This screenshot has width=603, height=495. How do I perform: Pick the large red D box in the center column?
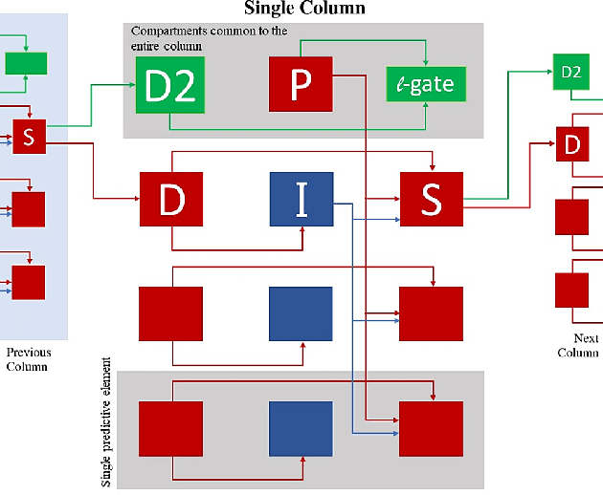[171, 200]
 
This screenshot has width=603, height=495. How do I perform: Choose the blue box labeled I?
[301, 200]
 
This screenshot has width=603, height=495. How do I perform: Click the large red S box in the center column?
[431, 200]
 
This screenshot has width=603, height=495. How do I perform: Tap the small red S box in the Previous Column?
[29, 137]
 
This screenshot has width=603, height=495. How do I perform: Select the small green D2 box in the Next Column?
[570, 72]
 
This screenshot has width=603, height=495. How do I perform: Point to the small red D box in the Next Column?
[572, 145]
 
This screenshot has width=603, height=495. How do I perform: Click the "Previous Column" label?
[29, 359]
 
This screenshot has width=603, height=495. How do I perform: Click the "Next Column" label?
[578, 345]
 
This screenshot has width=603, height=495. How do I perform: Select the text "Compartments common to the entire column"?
[209, 38]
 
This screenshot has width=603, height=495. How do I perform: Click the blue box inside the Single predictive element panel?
[301, 432]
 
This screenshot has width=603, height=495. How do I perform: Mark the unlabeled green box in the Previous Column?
[27, 64]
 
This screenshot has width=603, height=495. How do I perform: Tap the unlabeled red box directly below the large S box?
[431, 313]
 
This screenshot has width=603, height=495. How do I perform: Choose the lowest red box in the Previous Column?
[29, 283]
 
